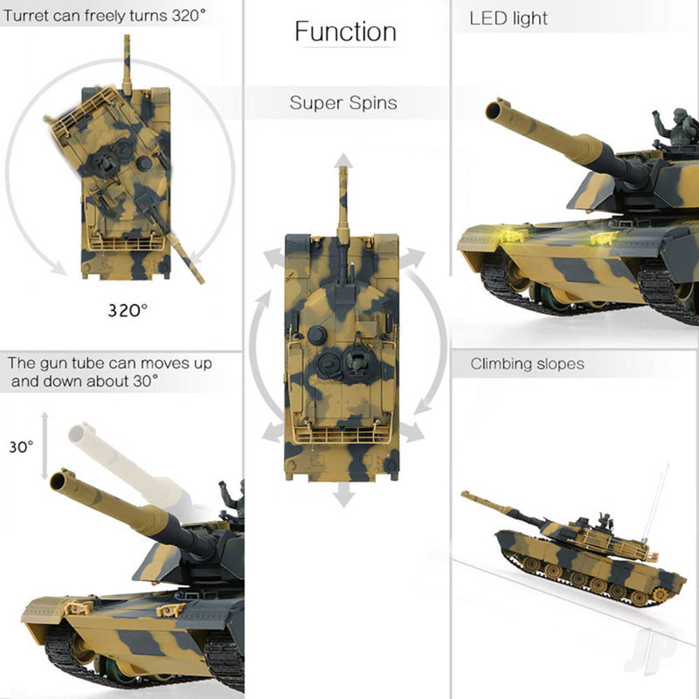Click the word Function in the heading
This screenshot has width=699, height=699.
click(345, 31)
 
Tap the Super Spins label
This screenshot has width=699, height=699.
click(343, 103)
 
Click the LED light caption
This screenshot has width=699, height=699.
click(509, 19)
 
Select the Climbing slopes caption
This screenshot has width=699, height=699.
click(527, 363)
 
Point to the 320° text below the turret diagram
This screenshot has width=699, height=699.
click(128, 310)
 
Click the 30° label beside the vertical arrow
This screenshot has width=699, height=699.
click(21, 447)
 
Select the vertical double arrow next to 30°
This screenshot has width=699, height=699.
click(45, 446)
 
